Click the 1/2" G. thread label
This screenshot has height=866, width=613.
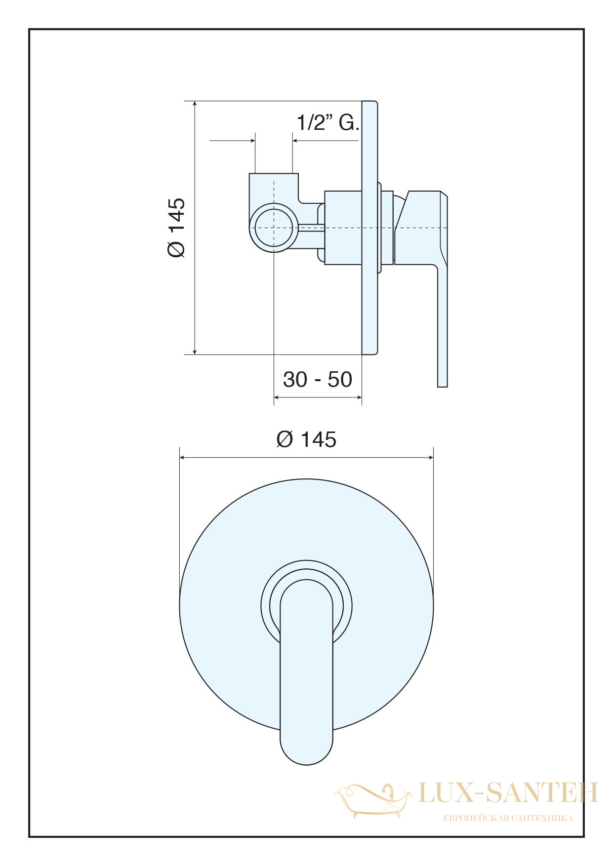pyautogui.click(x=327, y=122)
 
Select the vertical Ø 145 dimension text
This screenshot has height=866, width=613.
pyautogui.click(x=176, y=228)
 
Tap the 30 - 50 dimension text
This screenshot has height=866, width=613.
pyautogui.click(x=317, y=379)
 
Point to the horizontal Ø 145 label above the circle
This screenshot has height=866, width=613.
pyautogui.click(x=306, y=439)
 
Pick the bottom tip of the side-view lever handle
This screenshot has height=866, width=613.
pyautogui.click(x=443, y=386)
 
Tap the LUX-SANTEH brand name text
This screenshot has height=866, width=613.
pyautogui.click(x=508, y=792)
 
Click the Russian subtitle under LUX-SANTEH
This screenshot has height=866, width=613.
pyautogui.click(x=508, y=818)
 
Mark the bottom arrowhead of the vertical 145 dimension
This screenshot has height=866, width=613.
pyautogui.click(x=195, y=351)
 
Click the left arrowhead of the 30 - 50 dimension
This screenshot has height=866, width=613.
pyautogui.click(x=277, y=397)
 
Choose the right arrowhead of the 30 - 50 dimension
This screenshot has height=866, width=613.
pyautogui.click(x=359, y=397)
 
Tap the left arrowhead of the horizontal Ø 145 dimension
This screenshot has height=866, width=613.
pyautogui.click(x=183, y=458)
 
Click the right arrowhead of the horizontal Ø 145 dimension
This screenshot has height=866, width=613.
pyautogui.click(x=430, y=458)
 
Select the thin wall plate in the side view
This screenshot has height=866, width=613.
pyautogui.click(x=369, y=228)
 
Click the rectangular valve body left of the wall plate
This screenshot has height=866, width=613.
pyautogui.click(x=343, y=228)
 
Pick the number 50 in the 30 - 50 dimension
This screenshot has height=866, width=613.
pyautogui.click(x=340, y=379)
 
